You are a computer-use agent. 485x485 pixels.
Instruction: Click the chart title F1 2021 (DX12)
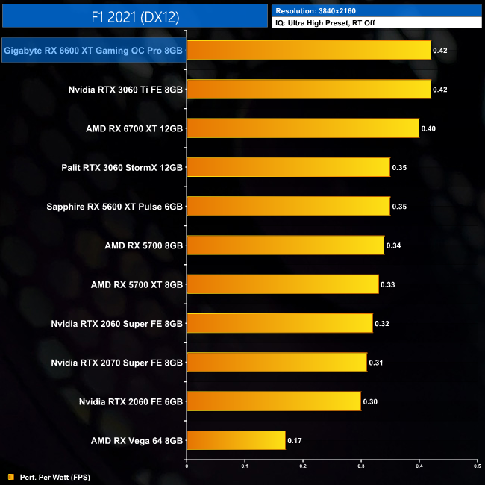[134, 15]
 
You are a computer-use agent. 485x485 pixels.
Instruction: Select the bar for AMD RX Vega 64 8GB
[236, 440]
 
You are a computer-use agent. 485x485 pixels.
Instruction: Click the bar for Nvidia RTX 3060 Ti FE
[308, 90]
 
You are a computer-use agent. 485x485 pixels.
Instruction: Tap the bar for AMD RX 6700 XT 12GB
[302, 128]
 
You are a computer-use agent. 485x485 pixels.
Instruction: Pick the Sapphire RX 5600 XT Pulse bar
[288, 206]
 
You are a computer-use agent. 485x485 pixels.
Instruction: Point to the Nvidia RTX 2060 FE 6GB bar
[273, 401]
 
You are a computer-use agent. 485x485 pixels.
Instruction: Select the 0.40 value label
[428, 128]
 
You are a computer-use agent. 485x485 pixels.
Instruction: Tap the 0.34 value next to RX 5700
[393, 245]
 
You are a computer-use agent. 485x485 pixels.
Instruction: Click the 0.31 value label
[376, 363]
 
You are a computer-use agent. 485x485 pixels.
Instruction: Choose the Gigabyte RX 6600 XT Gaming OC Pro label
[93, 51]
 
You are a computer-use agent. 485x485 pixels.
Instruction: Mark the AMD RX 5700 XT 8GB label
[137, 284]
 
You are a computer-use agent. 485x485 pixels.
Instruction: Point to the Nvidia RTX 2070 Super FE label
[117, 363]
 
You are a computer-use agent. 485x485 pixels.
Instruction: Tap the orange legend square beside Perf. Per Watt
[10, 477]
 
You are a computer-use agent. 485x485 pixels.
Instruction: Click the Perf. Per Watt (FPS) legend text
[53, 477]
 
